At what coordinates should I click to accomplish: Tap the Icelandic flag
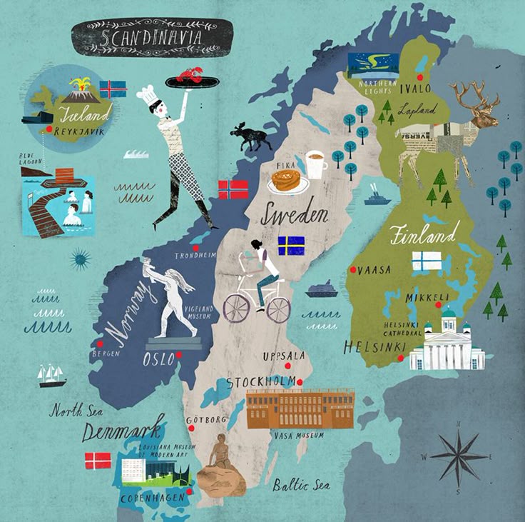[x=113, y=89]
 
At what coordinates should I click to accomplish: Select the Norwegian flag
[x=233, y=189]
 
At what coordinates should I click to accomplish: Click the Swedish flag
[x=291, y=246]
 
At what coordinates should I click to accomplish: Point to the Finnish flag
[x=426, y=261]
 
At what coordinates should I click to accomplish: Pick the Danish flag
[x=98, y=461]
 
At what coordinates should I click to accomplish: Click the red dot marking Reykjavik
[x=49, y=129]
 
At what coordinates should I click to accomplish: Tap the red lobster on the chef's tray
[x=190, y=74]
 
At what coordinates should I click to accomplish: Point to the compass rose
[x=459, y=456]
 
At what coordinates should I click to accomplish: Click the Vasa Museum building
[x=300, y=408]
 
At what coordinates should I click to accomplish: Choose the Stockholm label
[x=260, y=383]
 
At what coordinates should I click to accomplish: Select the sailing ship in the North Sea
[x=52, y=375]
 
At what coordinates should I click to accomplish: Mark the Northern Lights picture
[x=372, y=66]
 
